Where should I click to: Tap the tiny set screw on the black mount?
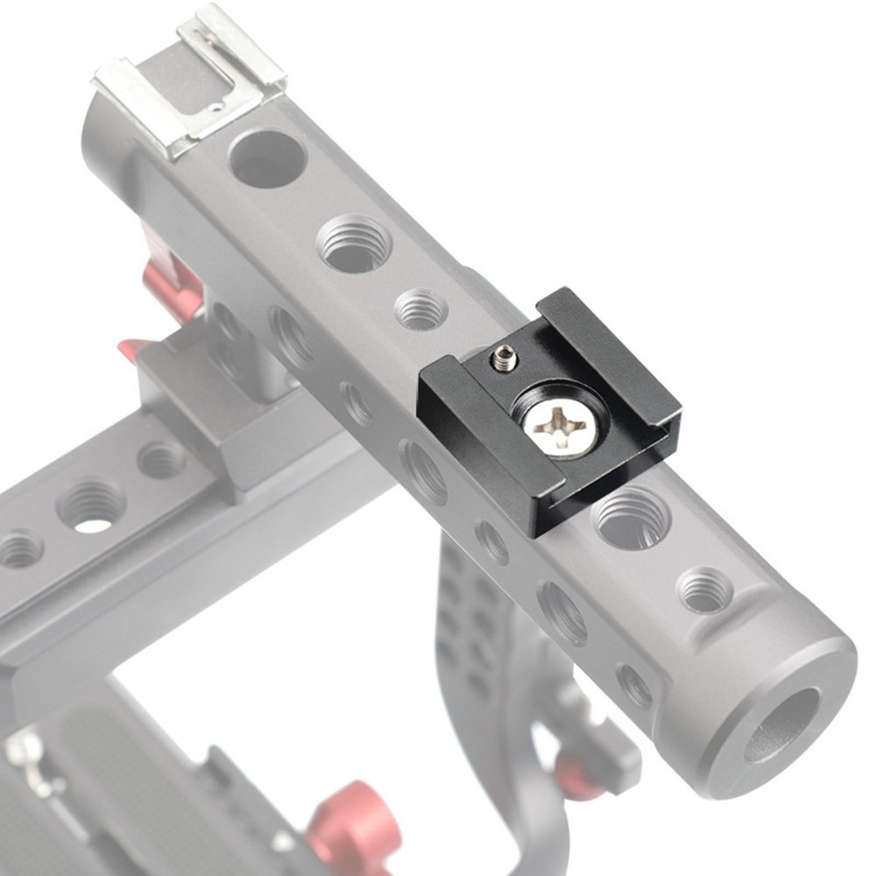[505, 357]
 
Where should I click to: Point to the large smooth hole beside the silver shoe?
[266, 159]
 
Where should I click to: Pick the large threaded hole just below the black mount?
[631, 518]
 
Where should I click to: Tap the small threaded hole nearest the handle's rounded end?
[705, 590]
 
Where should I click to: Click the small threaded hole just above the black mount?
[420, 309]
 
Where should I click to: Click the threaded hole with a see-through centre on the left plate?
[91, 507]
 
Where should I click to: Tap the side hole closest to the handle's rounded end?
[632, 685]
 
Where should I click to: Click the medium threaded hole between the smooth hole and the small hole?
[354, 243]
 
